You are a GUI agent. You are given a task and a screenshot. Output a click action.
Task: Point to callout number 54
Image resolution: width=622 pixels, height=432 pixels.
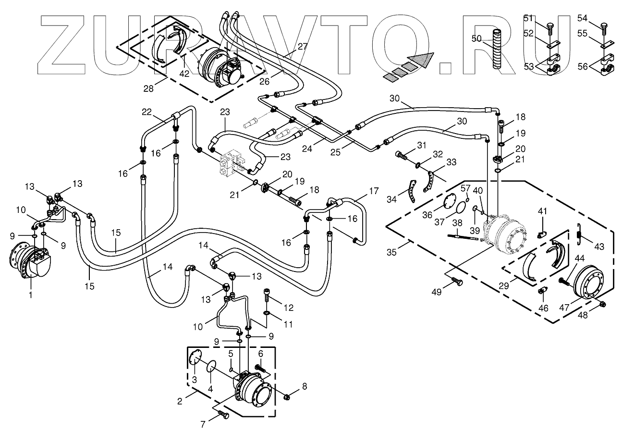(x=583, y=18)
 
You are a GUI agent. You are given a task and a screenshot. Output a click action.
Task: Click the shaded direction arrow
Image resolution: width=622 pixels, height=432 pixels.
(x=414, y=64)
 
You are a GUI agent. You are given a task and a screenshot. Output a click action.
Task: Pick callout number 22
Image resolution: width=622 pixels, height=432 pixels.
(x=146, y=111)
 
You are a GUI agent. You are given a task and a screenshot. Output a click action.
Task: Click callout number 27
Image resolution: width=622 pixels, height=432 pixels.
(x=302, y=47)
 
